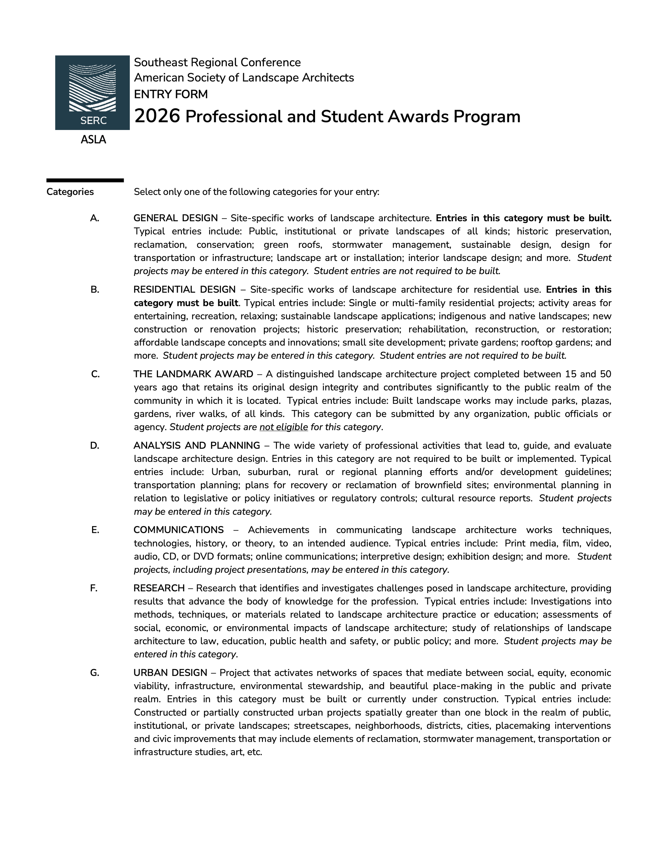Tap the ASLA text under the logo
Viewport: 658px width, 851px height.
(x=93, y=139)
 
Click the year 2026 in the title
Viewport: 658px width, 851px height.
(x=157, y=116)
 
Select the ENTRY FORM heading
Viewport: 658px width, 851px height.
(x=171, y=94)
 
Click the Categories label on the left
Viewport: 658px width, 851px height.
(x=70, y=192)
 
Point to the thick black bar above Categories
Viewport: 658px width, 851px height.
(x=85, y=180)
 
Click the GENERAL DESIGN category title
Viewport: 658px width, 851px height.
(x=175, y=218)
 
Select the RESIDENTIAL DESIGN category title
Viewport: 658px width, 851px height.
(x=185, y=290)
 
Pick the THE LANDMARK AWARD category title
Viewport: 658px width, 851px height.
(x=193, y=374)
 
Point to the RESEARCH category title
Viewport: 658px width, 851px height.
(x=159, y=588)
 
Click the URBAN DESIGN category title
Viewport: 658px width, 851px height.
(x=170, y=673)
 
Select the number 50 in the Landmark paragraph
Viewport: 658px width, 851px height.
(x=605, y=374)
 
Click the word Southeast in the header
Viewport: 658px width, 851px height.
(x=157, y=62)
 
